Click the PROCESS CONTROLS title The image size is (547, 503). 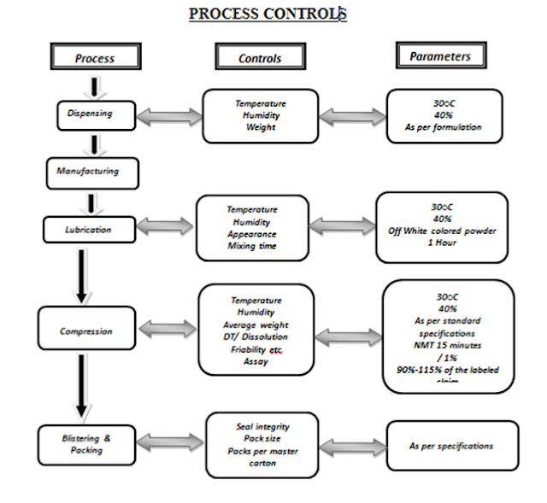point(267,14)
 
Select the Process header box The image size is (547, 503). point(94,58)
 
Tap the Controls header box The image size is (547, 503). point(260,58)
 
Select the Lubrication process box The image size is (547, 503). point(89,229)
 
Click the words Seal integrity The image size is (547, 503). point(261,426)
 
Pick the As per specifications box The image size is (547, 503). point(450,446)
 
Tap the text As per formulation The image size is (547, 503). point(443,127)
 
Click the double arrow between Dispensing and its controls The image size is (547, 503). point(168,114)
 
